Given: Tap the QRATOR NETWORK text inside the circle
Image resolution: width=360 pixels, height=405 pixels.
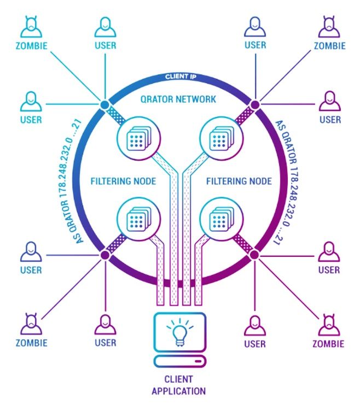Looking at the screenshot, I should pos(179,99).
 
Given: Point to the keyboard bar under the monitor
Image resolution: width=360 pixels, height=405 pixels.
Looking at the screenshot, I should pos(180,361).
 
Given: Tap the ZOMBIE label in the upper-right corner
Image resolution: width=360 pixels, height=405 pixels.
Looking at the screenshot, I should pos(330,46).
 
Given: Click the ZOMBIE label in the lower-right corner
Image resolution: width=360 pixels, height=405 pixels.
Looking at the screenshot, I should pos(328,344).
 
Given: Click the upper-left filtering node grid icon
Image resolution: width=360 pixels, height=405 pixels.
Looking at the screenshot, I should pos(134,140).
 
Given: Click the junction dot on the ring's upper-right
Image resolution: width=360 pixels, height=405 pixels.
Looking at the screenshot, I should pos(254,104).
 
